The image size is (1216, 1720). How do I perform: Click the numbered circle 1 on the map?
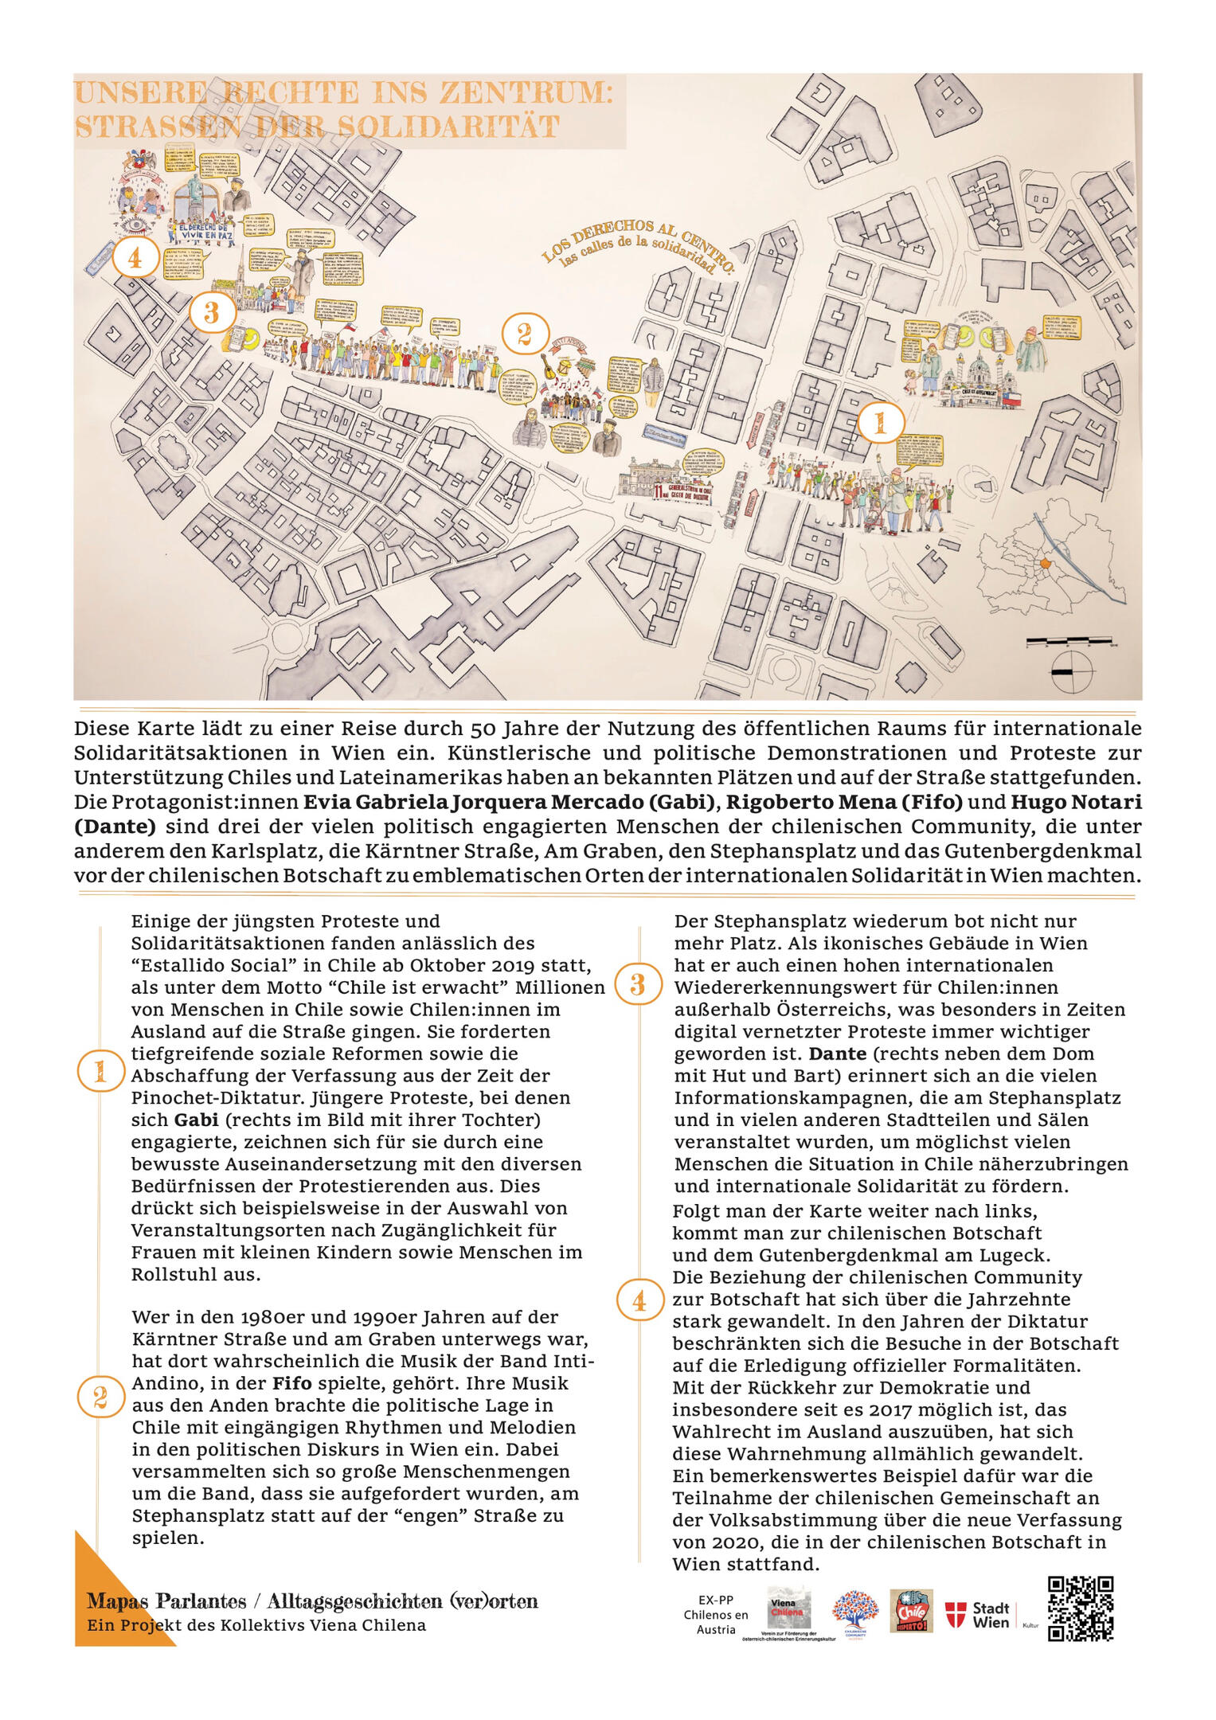(880, 423)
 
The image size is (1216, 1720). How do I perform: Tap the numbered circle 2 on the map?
(524, 334)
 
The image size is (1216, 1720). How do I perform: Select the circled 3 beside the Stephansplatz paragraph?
(638, 985)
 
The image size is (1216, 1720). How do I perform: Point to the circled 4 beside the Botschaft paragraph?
(639, 1301)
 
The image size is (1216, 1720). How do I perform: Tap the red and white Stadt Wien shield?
(956, 1614)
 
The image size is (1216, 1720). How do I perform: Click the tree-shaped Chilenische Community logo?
(855, 1612)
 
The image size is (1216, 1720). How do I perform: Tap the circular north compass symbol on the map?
(1072, 672)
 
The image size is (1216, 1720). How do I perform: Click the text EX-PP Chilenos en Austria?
(716, 1614)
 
